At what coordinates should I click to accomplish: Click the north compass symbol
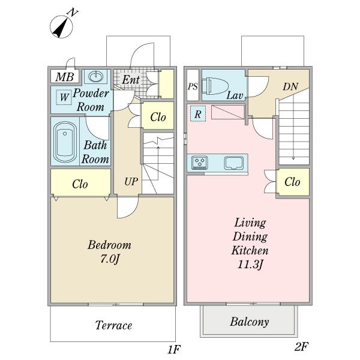click(x=62, y=26)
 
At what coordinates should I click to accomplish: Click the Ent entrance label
click(x=131, y=80)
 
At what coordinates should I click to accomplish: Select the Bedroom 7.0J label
click(x=109, y=251)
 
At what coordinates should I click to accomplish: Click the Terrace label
click(x=113, y=326)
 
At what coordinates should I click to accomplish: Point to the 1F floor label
click(x=173, y=349)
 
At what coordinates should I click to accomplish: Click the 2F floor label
click(x=301, y=346)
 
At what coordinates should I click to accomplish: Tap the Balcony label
click(x=250, y=322)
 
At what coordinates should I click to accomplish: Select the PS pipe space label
click(x=193, y=87)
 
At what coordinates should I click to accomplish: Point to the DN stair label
click(x=291, y=88)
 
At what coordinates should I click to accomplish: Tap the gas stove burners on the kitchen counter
click(x=199, y=162)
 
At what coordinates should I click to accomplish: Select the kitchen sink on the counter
click(x=233, y=162)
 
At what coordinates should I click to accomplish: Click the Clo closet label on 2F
click(x=292, y=182)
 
